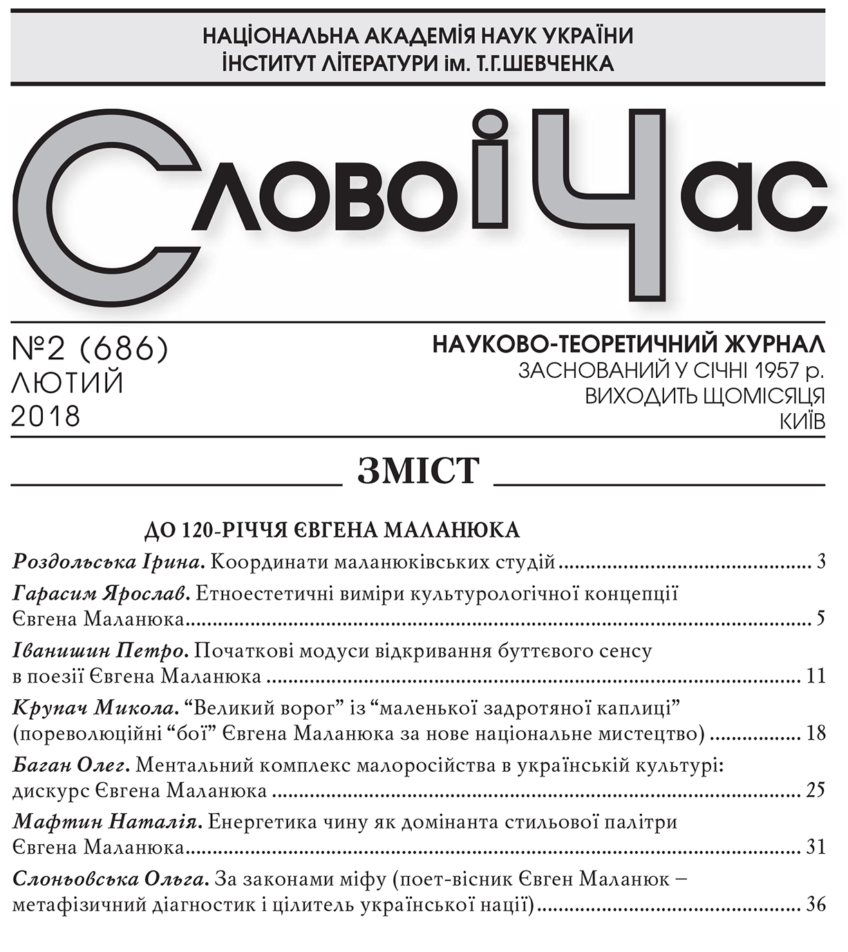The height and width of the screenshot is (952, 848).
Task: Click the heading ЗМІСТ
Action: [418, 473]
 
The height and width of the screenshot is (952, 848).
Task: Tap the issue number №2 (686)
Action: [91, 350]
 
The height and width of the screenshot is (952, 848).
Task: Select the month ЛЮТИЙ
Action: [68, 383]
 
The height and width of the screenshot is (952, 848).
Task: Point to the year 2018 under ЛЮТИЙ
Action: [46, 417]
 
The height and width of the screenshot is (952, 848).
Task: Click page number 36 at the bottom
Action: [816, 904]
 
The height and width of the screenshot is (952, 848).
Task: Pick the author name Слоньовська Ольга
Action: [111, 880]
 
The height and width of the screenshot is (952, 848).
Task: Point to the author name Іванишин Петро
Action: [101, 651]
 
